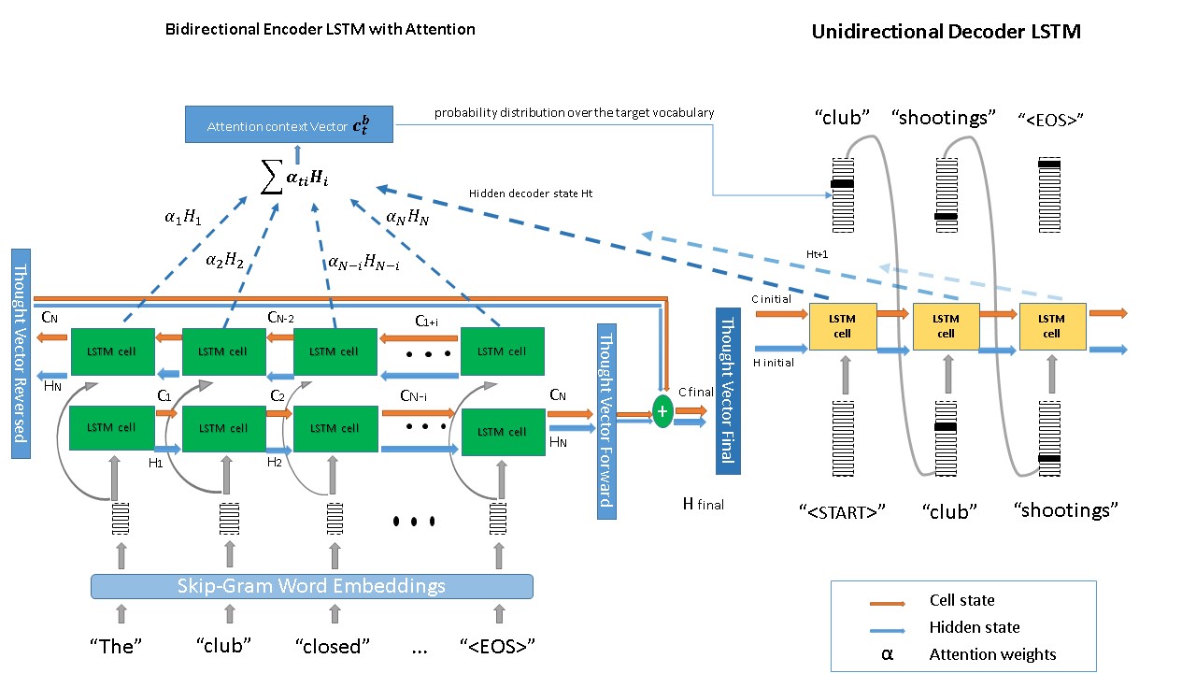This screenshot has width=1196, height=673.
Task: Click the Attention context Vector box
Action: [288, 125]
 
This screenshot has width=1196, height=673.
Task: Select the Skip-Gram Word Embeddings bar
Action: [311, 586]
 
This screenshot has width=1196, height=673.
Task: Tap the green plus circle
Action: [662, 410]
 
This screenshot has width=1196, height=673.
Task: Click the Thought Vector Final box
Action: [727, 391]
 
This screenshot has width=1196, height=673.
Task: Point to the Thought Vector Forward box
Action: [606, 421]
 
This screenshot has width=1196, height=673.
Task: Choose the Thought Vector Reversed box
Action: [21, 353]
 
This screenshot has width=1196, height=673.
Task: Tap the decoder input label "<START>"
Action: [842, 511]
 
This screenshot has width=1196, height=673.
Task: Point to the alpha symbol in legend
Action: [887, 654]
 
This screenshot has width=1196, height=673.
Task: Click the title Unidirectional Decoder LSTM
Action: [946, 32]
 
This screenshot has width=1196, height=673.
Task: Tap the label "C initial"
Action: [771, 299]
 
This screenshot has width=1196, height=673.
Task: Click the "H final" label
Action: [704, 505]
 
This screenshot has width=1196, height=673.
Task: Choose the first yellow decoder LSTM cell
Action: [842, 326]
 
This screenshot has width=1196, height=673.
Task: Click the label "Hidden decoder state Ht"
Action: [531, 194]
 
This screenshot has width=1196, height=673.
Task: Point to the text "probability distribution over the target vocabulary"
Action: [574, 113]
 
